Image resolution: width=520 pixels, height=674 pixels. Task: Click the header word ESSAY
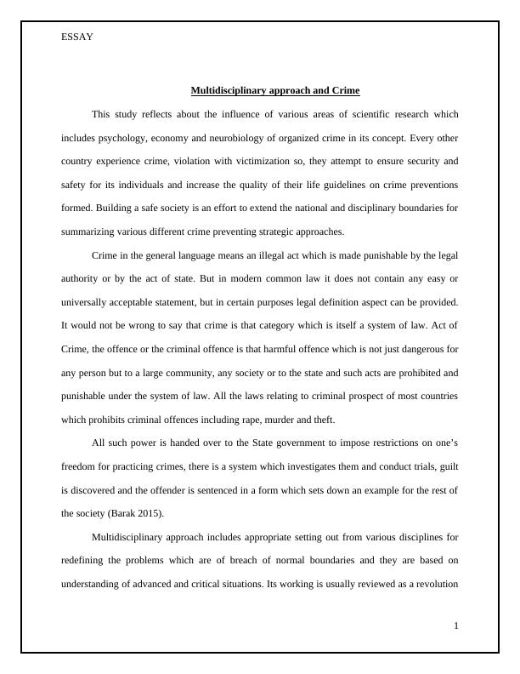pos(77,37)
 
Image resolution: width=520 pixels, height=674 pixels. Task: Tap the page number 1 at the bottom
pos(456,626)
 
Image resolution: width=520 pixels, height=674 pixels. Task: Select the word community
pos(193,372)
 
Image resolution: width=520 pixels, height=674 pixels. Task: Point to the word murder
pos(291,419)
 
